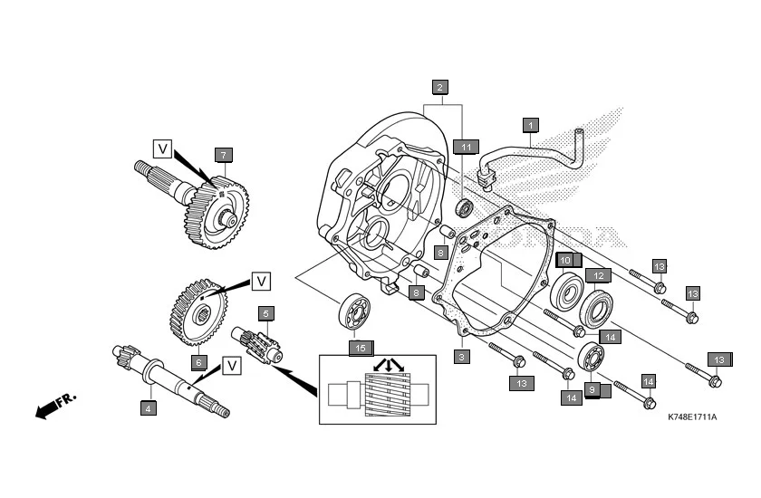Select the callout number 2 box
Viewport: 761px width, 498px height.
(x=439, y=88)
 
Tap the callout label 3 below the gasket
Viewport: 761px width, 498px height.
(x=461, y=358)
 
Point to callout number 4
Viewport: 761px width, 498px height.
(x=148, y=408)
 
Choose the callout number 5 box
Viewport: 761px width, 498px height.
(x=265, y=313)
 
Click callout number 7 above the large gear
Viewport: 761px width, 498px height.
(x=223, y=154)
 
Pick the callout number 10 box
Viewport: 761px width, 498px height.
(x=564, y=261)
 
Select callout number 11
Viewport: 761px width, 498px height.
(x=466, y=147)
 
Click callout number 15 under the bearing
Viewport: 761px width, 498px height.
(x=361, y=347)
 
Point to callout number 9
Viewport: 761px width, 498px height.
(x=592, y=390)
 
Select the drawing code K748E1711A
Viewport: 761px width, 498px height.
(x=691, y=417)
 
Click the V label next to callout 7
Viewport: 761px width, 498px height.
(x=163, y=147)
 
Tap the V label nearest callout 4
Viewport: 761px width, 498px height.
(x=232, y=366)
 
